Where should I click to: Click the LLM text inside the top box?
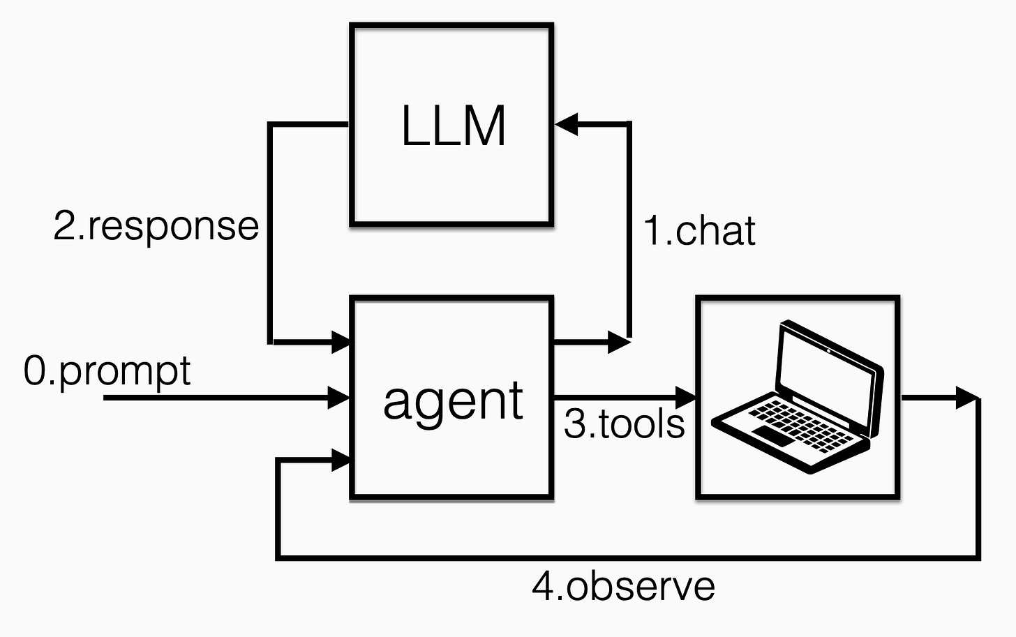453,126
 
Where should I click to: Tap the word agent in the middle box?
453,401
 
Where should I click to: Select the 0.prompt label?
107,370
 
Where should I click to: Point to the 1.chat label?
699,231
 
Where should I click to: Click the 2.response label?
156,226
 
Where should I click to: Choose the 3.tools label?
624,424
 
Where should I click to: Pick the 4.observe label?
623,586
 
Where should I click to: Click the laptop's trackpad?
773,437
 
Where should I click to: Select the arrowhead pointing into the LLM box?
566,125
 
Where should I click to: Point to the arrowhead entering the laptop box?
686,398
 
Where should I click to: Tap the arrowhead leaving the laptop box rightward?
967,398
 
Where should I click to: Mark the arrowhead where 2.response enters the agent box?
340,342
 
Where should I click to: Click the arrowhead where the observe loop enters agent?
340,460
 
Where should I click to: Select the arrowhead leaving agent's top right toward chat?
619,342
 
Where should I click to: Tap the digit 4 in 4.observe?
544,586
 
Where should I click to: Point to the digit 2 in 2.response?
65,226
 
